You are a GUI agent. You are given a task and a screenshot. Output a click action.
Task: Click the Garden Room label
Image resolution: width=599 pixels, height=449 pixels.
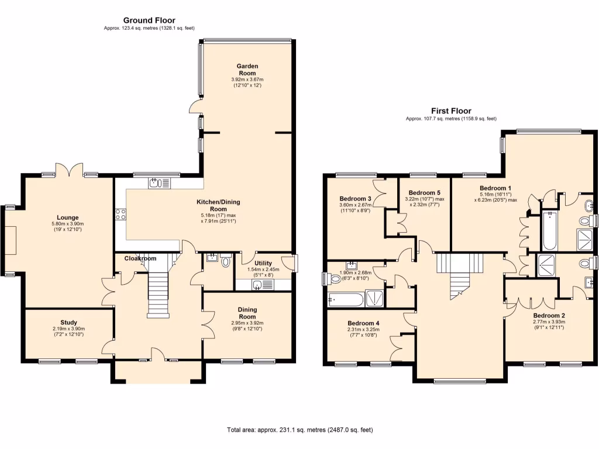(247, 70)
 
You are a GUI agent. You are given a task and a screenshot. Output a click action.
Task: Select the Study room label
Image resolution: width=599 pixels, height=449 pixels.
(68, 322)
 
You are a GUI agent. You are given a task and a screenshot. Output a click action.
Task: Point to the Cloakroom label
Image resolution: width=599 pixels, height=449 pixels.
(140, 258)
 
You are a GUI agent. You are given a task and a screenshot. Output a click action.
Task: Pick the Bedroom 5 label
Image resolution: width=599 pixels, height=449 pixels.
(424, 193)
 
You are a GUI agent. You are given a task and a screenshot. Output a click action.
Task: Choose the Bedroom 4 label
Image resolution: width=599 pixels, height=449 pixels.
(363, 323)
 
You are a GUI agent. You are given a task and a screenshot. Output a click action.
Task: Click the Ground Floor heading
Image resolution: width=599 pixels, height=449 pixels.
(149, 20)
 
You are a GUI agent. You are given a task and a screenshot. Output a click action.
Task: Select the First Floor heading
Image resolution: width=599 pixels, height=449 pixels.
(451, 110)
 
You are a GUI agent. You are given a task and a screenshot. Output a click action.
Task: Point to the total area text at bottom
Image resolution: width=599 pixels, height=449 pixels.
(299, 430)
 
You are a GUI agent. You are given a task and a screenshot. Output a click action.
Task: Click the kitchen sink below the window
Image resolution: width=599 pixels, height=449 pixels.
(158, 184)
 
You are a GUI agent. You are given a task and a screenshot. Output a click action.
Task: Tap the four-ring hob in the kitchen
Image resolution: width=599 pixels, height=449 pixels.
(121, 214)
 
